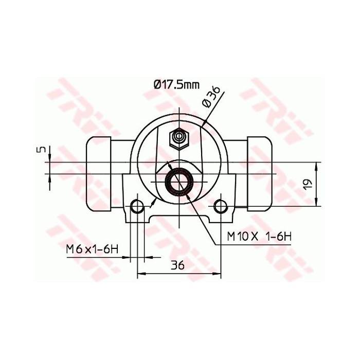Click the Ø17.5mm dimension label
click(176, 85)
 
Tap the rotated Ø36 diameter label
click(212, 96)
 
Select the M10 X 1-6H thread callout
click(259, 237)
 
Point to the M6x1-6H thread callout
click(92, 249)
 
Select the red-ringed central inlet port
click(179, 181)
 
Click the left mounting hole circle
click(137, 206)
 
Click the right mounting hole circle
click(221, 206)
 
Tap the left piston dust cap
click(99, 174)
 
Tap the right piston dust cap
click(261, 174)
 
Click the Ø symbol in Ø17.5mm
click(157, 85)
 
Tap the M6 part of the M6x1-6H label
click(74, 249)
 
